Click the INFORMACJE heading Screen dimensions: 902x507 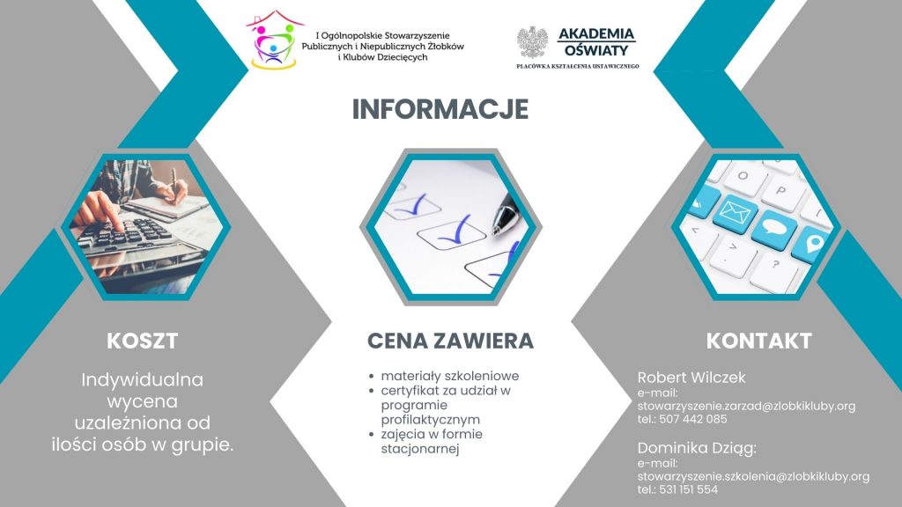point(440,109)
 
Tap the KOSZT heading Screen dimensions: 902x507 point(142,341)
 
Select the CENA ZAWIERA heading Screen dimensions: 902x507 point(450,341)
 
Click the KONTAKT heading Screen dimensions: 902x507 point(758,341)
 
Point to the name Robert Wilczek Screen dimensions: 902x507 point(691,378)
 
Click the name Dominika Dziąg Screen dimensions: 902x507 point(696,448)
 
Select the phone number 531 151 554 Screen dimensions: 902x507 point(689,489)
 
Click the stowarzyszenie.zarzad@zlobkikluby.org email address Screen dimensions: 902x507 point(746,406)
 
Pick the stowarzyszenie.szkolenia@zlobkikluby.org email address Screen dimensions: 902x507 point(754,476)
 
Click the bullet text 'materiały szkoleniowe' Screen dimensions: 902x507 point(450,376)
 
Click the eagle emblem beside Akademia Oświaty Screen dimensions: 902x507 point(532,42)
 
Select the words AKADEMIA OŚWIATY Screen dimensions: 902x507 point(596,42)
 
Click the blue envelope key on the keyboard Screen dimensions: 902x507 point(734,213)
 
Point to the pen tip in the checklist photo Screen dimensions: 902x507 point(495,231)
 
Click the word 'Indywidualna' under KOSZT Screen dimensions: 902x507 point(142,380)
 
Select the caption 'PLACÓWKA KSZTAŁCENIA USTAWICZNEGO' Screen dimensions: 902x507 point(578,67)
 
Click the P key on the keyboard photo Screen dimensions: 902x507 point(781,190)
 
